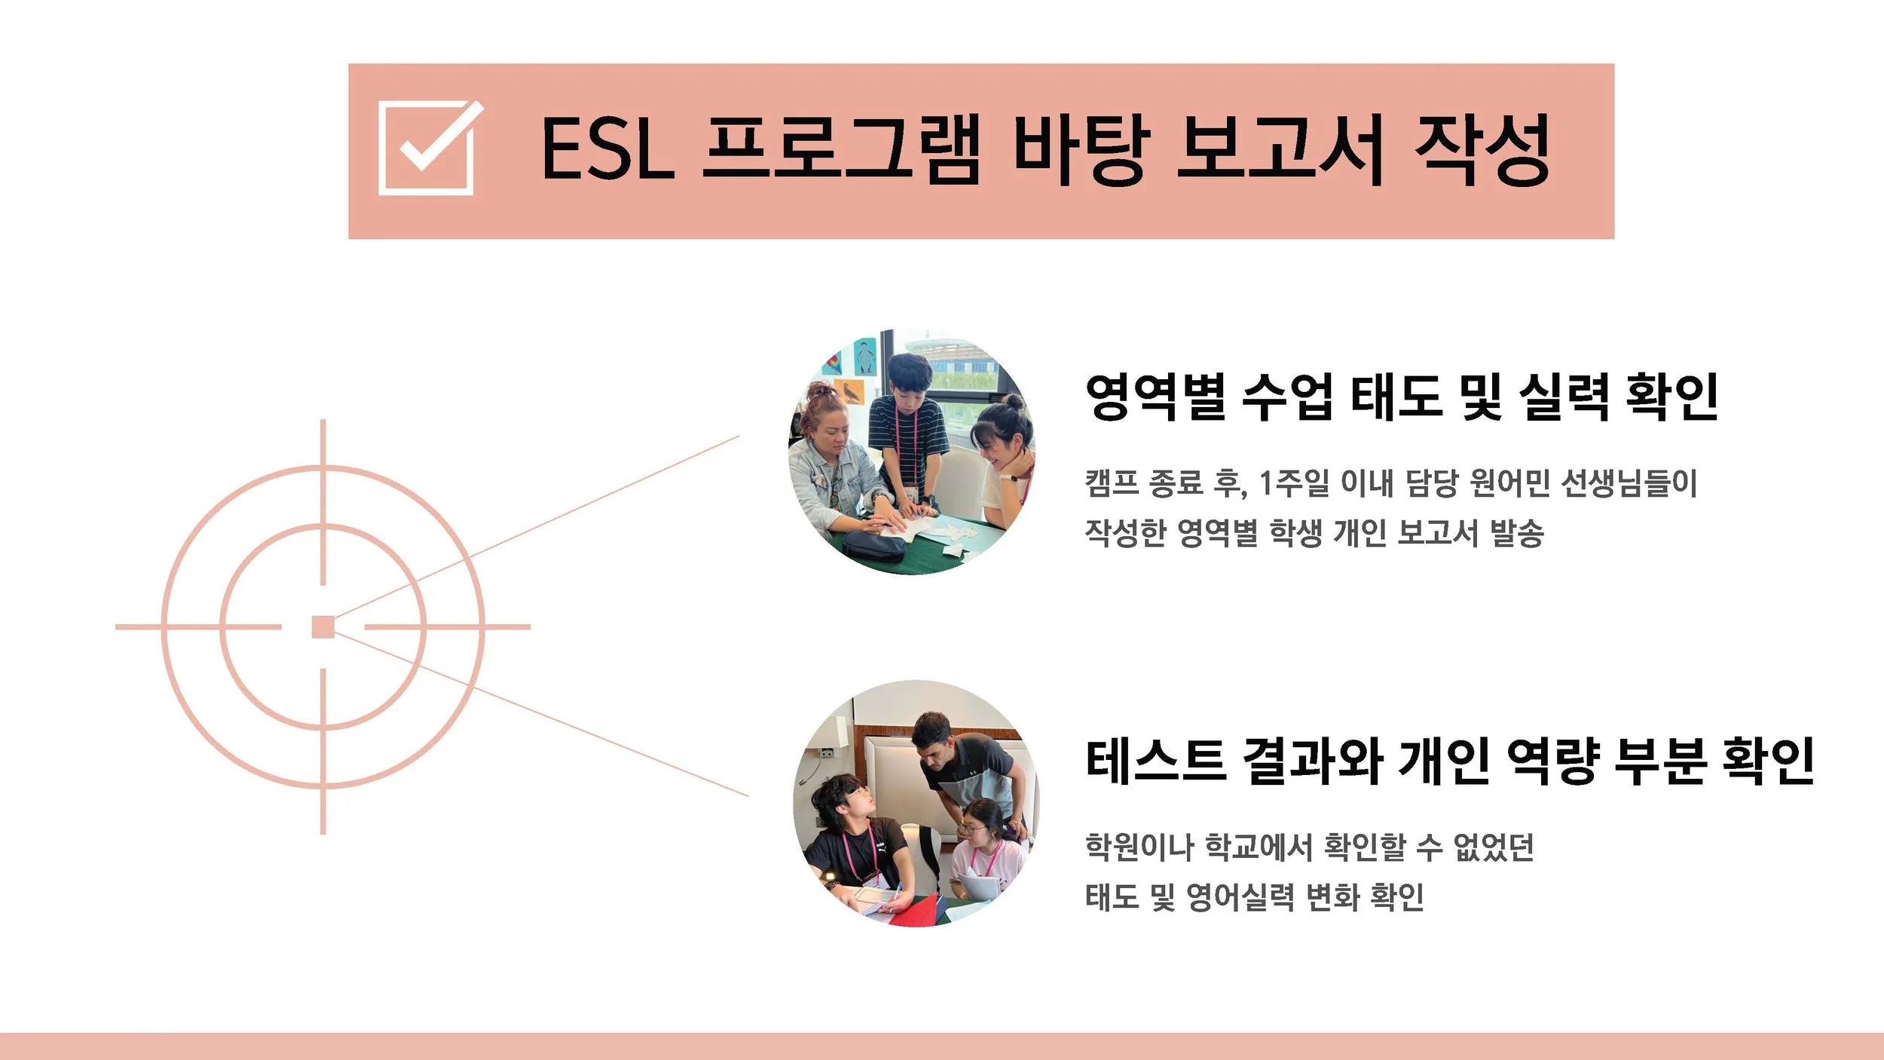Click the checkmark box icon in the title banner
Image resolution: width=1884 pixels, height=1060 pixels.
pyautogui.click(x=427, y=148)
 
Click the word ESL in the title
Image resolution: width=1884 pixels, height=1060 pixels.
pyautogui.click(x=607, y=149)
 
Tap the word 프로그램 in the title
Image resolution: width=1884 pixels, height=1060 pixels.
pyautogui.click(x=841, y=149)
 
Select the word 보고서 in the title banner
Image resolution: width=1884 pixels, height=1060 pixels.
pyautogui.click(x=1280, y=149)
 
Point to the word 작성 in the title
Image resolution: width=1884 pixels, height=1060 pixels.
pyautogui.click(x=1482, y=149)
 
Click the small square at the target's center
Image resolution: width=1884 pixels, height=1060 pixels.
pyautogui.click(x=323, y=627)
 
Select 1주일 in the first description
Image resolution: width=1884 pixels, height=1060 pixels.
pyautogui.click(x=1294, y=483)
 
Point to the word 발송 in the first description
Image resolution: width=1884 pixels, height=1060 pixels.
pyautogui.click(x=1517, y=533)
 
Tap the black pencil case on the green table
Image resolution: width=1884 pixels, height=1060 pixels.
pyautogui.click(x=873, y=544)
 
